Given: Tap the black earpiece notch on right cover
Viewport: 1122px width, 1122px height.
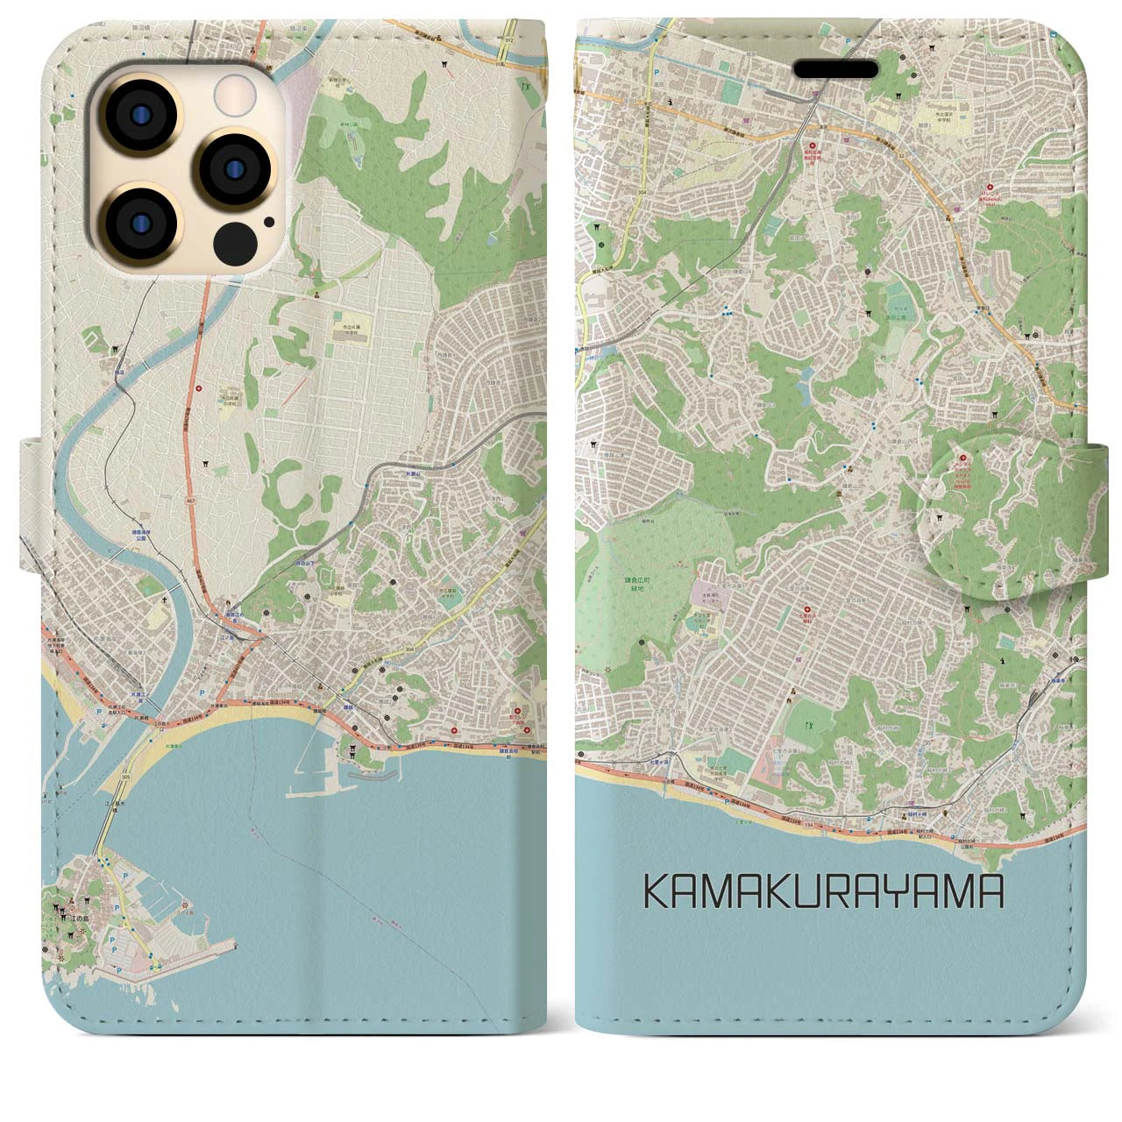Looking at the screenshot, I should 837,69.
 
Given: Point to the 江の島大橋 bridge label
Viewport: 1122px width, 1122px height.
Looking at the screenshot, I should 112,808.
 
